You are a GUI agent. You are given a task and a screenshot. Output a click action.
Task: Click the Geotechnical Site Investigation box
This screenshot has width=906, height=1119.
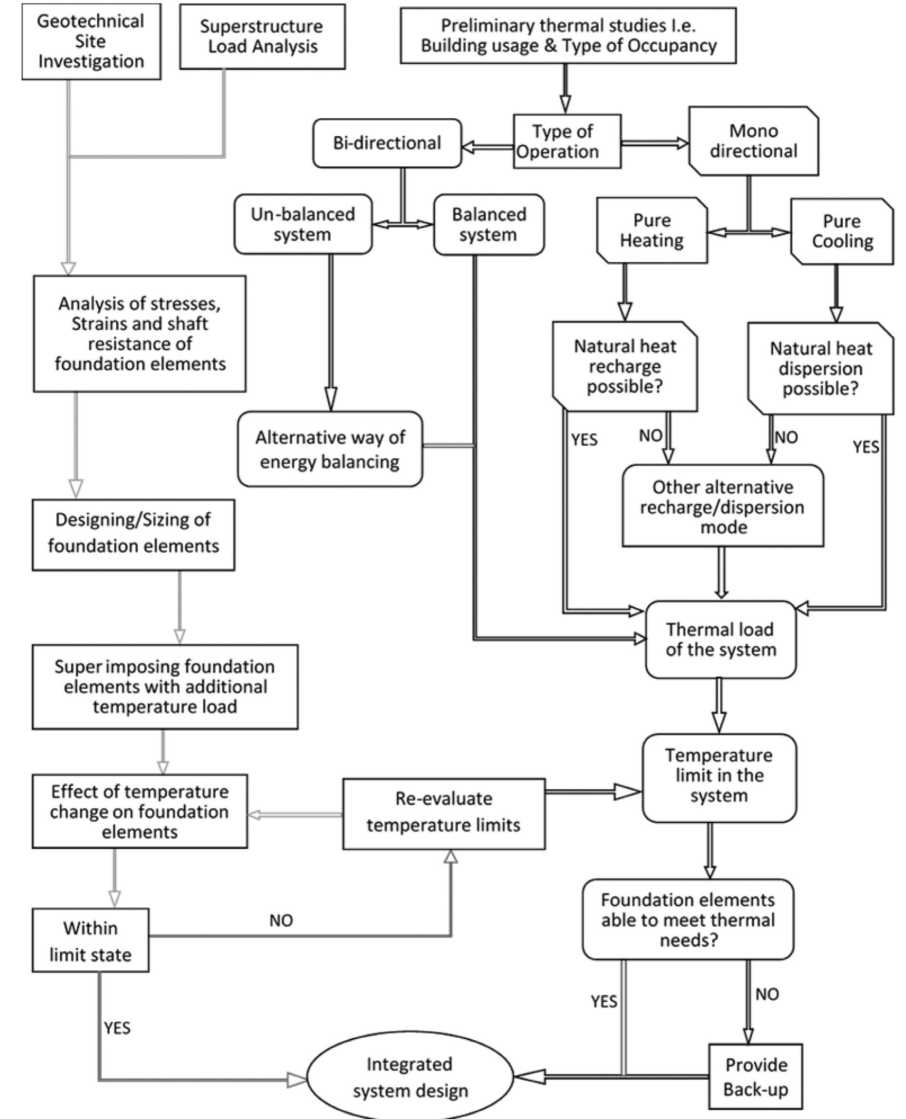pos(91,41)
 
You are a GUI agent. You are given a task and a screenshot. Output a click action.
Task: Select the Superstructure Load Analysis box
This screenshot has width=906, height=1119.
pos(262,36)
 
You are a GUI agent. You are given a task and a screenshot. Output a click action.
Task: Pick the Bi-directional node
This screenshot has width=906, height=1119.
pos(387,143)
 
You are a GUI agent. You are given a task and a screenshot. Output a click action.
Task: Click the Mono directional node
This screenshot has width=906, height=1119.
pos(753,141)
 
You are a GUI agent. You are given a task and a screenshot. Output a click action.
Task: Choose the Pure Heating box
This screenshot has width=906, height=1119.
pos(652,230)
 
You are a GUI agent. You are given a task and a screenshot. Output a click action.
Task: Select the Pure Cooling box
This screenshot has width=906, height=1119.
pos(842,231)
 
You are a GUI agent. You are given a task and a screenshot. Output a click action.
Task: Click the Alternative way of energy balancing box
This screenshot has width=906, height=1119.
pos(330,449)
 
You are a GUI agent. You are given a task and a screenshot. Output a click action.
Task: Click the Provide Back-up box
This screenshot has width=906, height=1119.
pos(755,1077)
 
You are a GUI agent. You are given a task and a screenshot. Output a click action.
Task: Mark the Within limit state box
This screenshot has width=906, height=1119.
pos(90,940)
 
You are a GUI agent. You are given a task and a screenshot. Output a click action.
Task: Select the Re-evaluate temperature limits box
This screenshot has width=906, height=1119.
pos(444,813)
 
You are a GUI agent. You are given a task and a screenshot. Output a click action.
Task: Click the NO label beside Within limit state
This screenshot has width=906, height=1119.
pos(281,920)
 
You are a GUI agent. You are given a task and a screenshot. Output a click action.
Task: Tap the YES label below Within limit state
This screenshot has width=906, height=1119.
pos(117,1028)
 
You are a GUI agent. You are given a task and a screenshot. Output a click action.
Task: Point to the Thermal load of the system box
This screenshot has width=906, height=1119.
pos(720,640)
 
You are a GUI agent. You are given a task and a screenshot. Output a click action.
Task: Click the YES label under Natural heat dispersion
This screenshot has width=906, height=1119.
pos(865,447)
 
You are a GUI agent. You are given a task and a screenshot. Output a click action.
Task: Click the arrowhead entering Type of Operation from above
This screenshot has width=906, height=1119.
pos(565,104)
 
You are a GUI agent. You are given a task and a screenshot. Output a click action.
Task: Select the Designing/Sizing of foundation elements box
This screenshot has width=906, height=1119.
pos(133,534)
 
